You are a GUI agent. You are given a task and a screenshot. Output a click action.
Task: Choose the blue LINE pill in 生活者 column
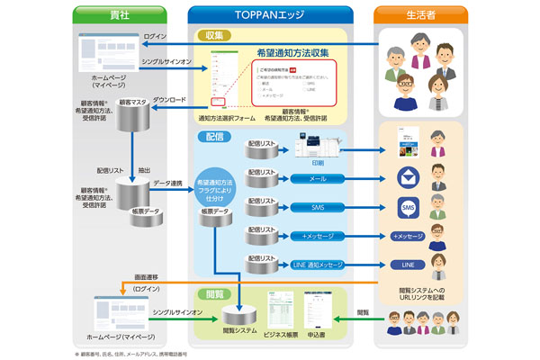408,265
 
